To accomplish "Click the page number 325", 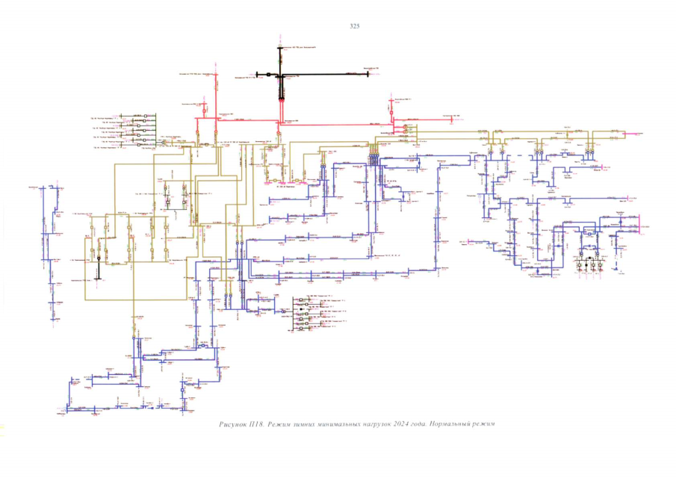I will (355, 27).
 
